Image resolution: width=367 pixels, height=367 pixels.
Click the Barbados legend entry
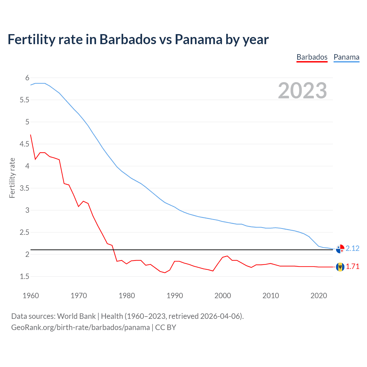(312, 57)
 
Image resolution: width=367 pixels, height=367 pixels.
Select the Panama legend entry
(346, 57)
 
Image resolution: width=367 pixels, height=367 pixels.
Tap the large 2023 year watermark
(302, 91)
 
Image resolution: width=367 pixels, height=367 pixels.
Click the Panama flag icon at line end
(340, 249)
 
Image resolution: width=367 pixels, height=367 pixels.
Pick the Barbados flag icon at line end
(340, 267)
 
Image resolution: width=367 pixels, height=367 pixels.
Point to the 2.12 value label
(352, 248)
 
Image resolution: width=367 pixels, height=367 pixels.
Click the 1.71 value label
(352, 266)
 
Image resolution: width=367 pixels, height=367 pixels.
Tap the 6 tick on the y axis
(27, 78)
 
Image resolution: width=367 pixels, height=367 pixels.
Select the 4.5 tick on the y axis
(24, 144)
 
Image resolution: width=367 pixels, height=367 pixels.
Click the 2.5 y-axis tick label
(24, 232)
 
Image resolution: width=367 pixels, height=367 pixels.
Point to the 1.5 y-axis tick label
(24, 276)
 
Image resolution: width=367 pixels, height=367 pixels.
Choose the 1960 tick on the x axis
(31, 296)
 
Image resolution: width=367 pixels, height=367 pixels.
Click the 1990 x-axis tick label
(175, 296)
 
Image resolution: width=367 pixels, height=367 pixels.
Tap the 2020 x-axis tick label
(319, 296)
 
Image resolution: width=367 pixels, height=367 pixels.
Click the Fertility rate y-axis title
(12, 178)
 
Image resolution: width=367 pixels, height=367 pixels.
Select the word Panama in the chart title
(198, 39)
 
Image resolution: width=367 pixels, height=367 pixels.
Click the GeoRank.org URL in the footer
(80, 327)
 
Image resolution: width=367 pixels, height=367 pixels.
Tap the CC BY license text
(166, 327)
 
